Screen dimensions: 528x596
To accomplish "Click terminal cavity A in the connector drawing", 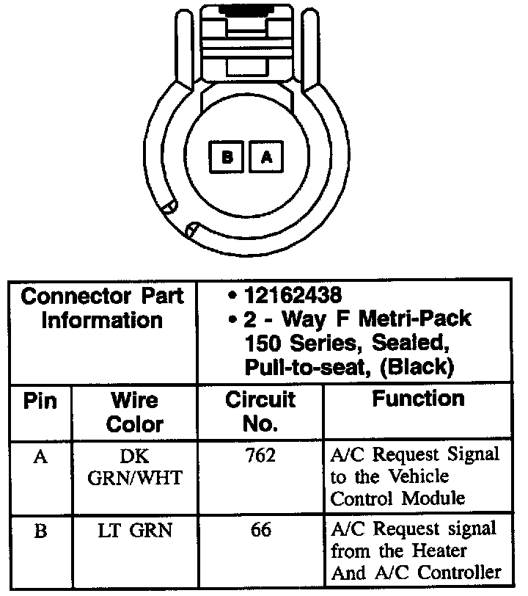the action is click(x=266, y=156).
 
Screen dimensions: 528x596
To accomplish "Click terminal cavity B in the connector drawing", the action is click(x=227, y=156).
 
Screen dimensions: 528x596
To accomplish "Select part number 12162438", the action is click(x=293, y=295).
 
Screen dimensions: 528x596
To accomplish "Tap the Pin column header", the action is click(x=40, y=401).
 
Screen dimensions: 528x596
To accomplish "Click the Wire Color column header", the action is click(x=135, y=412).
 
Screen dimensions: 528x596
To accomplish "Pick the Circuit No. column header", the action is click(x=260, y=411).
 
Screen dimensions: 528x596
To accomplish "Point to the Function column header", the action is click(x=418, y=399).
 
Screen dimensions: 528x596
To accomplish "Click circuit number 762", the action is click(x=260, y=455).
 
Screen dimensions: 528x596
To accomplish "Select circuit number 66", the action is click(x=261, y=529).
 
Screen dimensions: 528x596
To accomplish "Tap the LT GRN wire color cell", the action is click(x=135, y=530).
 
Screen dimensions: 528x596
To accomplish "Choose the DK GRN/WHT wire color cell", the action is click(x=135, y=467).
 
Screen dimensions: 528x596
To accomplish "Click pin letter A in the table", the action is click(x=40, y=457).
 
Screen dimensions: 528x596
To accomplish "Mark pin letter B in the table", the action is click(x=40, y=531).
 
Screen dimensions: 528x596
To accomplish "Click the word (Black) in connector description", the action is click(x=417, y=367).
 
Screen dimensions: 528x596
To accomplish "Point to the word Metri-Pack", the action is click(x=415, y=318).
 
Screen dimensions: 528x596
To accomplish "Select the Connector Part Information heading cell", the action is click(x=102, y=308).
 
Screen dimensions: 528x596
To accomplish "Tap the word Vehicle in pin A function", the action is click(x=418, y=476).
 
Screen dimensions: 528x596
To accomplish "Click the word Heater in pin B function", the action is click(x=439, y=550).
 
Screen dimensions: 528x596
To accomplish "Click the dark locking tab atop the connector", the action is click(x=246, y=10).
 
